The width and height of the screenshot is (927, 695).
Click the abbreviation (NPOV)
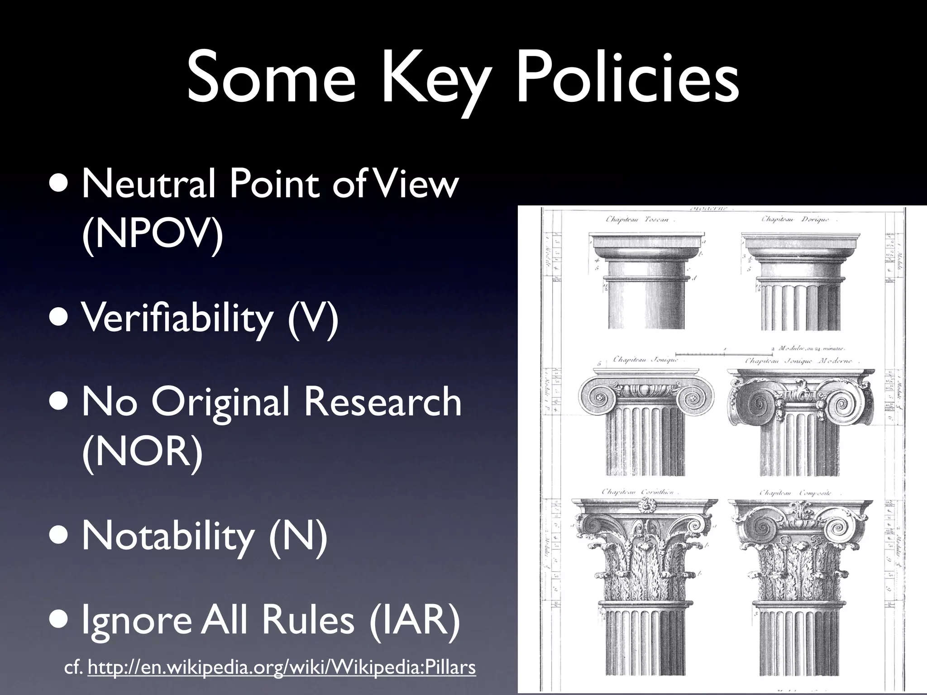tap(153, 236)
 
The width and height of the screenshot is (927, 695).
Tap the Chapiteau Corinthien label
tap(638, 492)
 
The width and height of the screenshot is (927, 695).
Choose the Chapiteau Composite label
tap(795, 493)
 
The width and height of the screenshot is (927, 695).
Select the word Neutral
tap(148, 184)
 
